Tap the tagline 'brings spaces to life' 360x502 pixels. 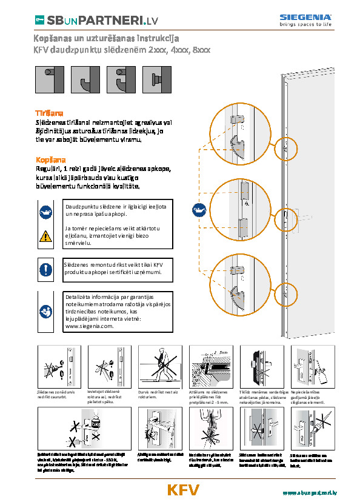point(305,25)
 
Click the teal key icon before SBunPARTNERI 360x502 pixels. point(38,21)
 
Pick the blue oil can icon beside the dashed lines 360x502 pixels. point(198,211)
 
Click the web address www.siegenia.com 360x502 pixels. point(89,326)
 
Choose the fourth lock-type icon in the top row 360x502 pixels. point(154,79)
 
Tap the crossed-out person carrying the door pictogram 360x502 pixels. point(161,366)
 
